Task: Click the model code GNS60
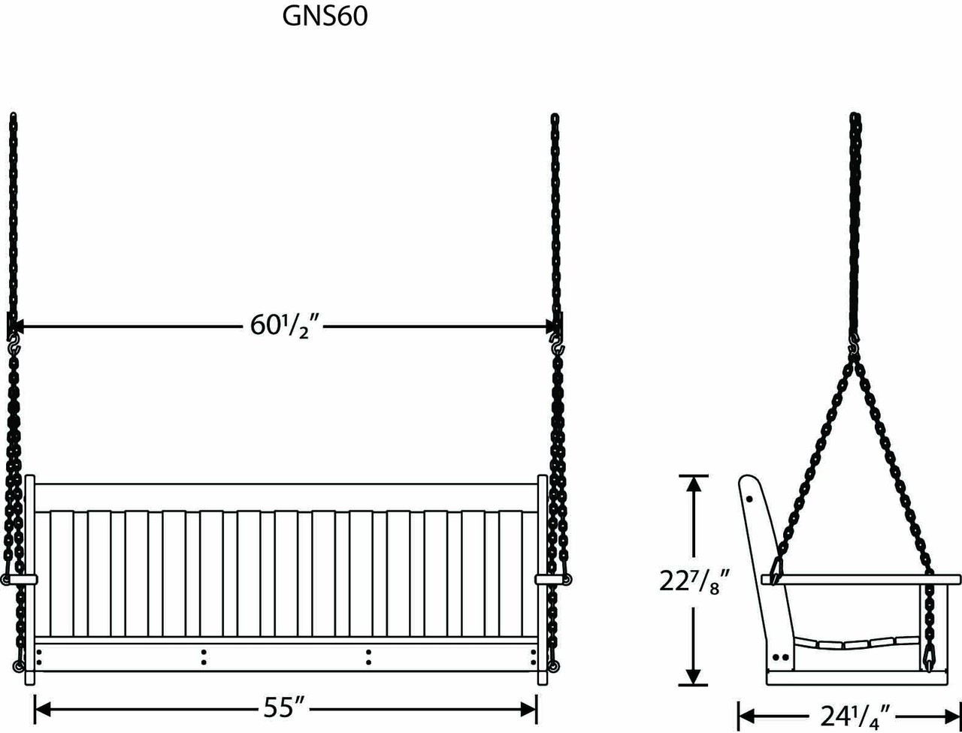[x=325, y=17]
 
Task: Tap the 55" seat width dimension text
[x=283, y=707]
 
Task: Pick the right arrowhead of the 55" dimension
[x=529, y=707]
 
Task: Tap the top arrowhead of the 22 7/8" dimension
[x=694, y=484]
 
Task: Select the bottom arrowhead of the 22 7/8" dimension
[x=694, y=676]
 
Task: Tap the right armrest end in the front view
[x=552, y=579]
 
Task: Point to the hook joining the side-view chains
[x=854, y=348]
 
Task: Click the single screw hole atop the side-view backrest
[x=750, y=498]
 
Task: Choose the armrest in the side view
[x=861, y=579]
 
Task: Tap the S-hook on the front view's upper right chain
[x=556, y=348]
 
